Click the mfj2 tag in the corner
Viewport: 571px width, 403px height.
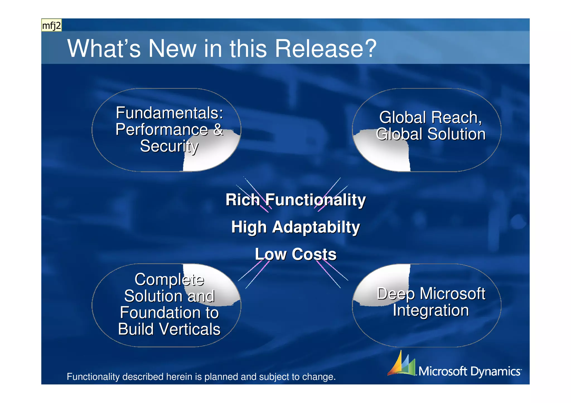coord(51,26)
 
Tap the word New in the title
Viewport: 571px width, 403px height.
coord(172,49)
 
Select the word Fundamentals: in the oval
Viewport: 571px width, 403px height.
coord(170,113)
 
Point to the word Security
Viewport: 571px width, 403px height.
coord(169,146)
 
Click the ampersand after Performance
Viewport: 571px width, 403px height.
coord(218,130)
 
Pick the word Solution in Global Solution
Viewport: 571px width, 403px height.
coord(456,134)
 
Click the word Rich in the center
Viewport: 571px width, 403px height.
coord(243,200)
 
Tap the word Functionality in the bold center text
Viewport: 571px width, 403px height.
coord(315,200)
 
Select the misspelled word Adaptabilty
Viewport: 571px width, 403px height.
coord(316,227)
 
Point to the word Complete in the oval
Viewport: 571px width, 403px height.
coord(169,279)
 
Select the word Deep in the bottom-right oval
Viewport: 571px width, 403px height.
coord(396,294)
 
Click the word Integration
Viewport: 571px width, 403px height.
coord(431,310)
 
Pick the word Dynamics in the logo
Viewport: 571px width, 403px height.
coord(495,372)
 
